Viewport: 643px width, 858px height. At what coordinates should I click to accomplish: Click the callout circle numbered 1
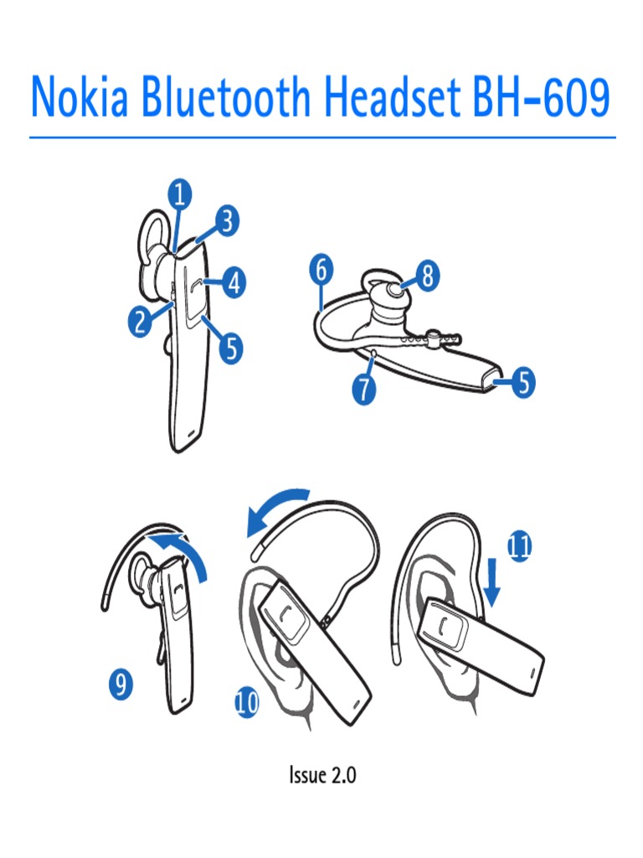click(180, 194)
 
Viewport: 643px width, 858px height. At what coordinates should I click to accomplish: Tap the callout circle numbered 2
click(141, 321)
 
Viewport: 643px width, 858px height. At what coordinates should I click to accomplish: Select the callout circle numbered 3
click(227, 220)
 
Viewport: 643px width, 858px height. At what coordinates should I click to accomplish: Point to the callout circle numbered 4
click(234, 283)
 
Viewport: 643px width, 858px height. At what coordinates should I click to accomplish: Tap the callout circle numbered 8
click(429, 275)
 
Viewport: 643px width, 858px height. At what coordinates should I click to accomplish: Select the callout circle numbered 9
click(121, 684)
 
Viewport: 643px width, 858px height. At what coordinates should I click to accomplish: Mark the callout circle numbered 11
click(519, 545)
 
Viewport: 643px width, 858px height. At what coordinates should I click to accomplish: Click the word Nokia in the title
click(80, 97)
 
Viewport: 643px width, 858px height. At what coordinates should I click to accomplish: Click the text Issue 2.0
click(322, 775)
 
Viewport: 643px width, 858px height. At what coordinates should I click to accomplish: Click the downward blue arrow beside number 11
click(492, 582)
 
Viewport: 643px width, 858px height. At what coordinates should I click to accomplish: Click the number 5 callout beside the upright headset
click(231, 348)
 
